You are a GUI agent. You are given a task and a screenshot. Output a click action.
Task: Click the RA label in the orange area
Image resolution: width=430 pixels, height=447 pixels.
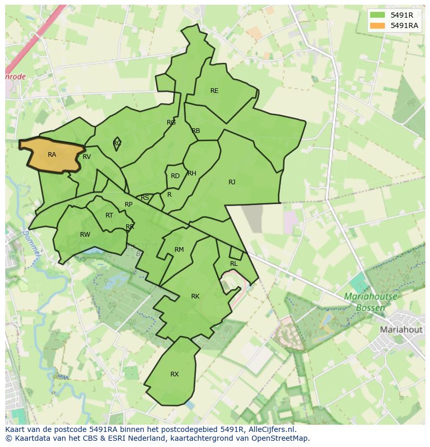click(52, 155)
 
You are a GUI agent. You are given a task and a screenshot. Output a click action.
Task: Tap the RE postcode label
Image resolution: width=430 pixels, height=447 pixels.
click(214, 91)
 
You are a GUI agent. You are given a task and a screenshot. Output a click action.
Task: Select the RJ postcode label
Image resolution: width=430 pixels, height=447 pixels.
click(232, 182)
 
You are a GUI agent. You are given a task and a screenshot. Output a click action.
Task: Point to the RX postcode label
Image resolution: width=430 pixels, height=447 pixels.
click(174, 374)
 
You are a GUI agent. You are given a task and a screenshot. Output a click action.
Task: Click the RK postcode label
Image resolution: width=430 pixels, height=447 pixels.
click(195, 296)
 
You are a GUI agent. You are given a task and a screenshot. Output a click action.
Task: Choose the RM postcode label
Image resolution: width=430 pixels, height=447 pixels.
click(179, 250)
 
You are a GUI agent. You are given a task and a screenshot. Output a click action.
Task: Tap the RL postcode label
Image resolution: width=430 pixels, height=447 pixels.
click(234, 264)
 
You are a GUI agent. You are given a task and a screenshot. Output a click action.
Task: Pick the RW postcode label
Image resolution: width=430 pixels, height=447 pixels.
click(85, 235)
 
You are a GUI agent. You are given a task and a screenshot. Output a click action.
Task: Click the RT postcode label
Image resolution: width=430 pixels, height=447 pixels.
click(109, 215)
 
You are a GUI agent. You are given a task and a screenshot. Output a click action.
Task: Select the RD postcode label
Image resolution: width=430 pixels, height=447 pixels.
click(175, 176)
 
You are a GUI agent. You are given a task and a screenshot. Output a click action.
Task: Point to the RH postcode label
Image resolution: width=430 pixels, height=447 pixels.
click(192, 173)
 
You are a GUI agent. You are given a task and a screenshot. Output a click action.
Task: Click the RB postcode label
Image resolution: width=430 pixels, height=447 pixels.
click(196, 131)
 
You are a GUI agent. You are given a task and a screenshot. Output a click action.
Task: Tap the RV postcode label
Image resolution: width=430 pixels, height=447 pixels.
click(87, 157)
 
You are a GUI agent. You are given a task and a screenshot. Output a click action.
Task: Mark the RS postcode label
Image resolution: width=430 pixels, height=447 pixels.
click(145, 198)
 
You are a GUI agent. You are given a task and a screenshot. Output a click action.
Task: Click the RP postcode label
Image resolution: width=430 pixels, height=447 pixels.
click(128, 205)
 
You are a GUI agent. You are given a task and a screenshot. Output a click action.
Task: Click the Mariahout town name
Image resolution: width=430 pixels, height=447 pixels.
click(401, 330)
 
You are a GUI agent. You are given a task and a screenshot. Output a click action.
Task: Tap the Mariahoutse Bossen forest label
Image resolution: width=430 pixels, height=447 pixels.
click(370, 302)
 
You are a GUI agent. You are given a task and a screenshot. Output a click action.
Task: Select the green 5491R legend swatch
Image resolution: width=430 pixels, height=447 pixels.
click(378, 15)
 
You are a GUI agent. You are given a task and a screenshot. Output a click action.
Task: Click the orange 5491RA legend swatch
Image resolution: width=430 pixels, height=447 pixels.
click(378, 25)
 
